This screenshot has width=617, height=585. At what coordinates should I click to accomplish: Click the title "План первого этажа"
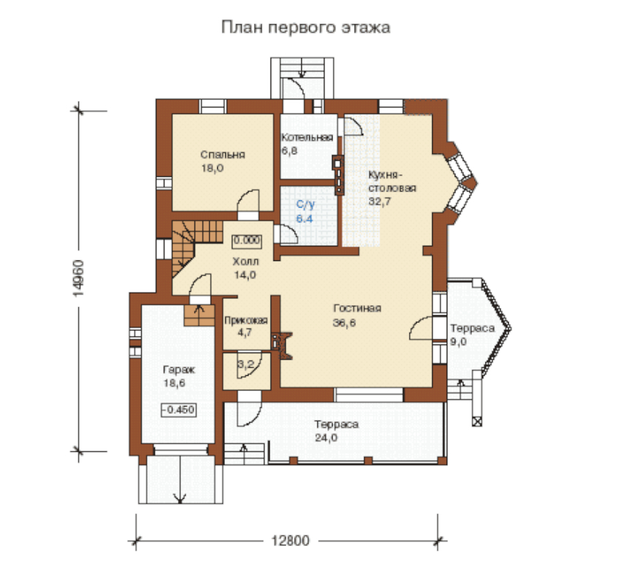306,28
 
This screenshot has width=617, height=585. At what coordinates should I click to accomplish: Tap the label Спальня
223,155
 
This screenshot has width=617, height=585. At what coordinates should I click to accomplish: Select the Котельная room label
307,137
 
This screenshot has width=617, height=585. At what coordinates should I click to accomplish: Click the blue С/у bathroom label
306,204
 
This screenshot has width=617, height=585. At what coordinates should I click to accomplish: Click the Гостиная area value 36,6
344,322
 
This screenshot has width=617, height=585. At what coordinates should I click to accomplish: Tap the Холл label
246,261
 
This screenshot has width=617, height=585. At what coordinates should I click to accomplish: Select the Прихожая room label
246,320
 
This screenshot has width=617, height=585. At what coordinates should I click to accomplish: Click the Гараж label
179,370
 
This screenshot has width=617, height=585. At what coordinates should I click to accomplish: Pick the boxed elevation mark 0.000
246,240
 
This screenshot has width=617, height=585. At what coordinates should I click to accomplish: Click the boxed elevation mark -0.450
178,409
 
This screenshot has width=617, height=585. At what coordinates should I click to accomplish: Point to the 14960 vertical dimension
78,278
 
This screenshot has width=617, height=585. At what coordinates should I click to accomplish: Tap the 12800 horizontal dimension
290,540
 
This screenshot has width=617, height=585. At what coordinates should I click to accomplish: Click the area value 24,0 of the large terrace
326,438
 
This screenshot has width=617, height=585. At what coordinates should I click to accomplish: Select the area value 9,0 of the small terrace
458,341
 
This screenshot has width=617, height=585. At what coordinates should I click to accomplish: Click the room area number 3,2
246,365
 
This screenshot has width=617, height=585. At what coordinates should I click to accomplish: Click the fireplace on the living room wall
282,346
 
